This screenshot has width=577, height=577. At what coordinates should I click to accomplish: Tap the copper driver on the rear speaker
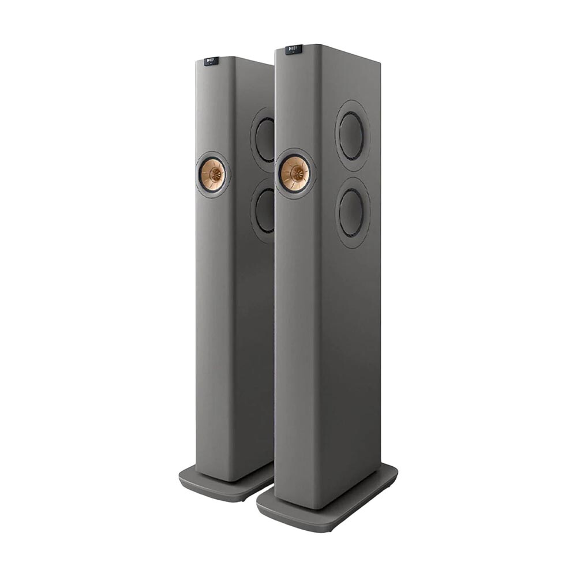(212, 172)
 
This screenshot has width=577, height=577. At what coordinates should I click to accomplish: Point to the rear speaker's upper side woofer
(265, 139)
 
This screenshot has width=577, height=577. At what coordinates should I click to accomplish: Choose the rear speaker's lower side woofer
(265, 210)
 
